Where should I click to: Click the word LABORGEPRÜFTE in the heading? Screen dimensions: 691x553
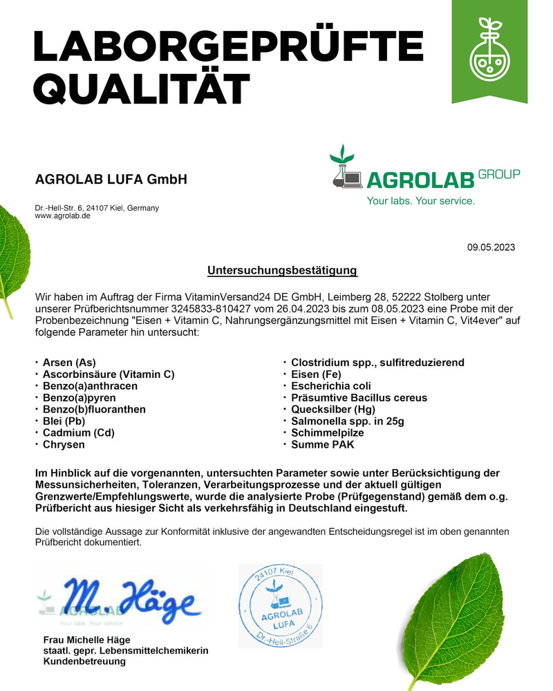[x=228, y=46]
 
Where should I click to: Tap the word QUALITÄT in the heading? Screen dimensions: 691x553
[x=142, y=90]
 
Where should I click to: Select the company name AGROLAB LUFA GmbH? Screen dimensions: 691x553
[x=111, y=180]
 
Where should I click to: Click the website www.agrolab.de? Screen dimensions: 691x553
[x=62, y=216]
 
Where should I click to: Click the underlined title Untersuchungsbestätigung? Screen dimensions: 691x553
[x=282, y=270]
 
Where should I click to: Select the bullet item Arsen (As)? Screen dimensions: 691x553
[x=69, y=362]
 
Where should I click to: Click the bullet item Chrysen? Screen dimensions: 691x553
[x=64, y=444]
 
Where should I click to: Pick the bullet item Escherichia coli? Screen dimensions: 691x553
[x=331, y=386]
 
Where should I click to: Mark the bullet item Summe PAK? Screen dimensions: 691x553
[x=322, y=444]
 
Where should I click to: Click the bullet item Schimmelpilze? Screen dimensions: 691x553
[x=327, y=433]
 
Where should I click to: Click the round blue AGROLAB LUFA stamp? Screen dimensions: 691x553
[x=281, y=605]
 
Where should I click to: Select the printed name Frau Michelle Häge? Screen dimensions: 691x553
[x=87, y=640]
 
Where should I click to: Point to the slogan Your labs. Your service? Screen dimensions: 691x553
[x=420, y=201]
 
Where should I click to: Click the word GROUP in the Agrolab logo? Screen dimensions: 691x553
[x=499, y=174]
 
